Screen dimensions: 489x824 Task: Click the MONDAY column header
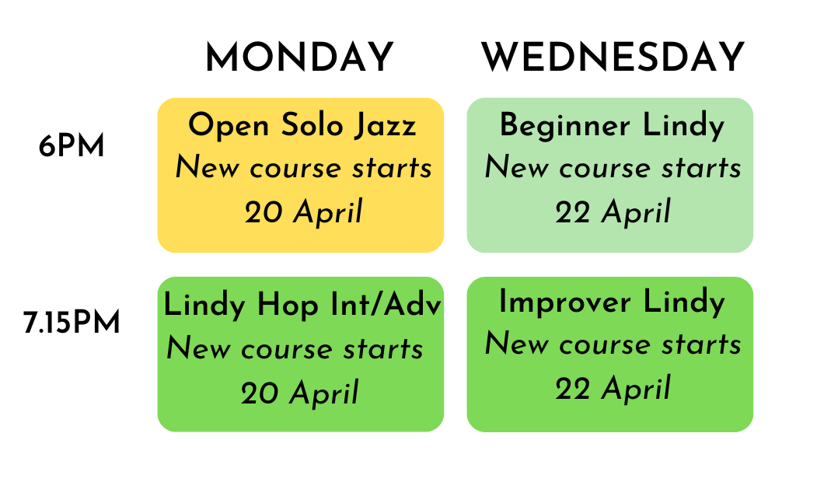click(299, 58)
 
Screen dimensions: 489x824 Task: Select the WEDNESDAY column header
click(613, 58)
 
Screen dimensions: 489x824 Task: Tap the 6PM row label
click(72, 147)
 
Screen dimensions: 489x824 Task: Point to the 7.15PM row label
click(72, 323)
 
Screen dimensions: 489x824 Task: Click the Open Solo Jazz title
click(302, 125)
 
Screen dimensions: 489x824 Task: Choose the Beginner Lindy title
click(612, 125)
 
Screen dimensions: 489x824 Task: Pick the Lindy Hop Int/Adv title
click(302, 306)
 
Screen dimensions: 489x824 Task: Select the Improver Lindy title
click(612, 302)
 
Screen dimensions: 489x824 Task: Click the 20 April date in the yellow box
click(303, 212)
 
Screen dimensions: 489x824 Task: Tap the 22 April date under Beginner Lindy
click(613, 212)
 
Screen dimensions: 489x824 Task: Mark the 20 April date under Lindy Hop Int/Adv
click(299, 393)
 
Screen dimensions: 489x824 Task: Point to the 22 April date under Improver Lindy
click(613, 389)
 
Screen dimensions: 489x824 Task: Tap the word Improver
click(565, 302)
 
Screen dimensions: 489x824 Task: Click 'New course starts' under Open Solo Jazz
click(303, 168)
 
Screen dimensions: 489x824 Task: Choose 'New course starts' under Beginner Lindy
click(613, 168)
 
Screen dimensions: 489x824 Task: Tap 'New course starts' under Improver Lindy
click(613, 344)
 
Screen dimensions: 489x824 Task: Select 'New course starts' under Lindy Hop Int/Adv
click(295, 349)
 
